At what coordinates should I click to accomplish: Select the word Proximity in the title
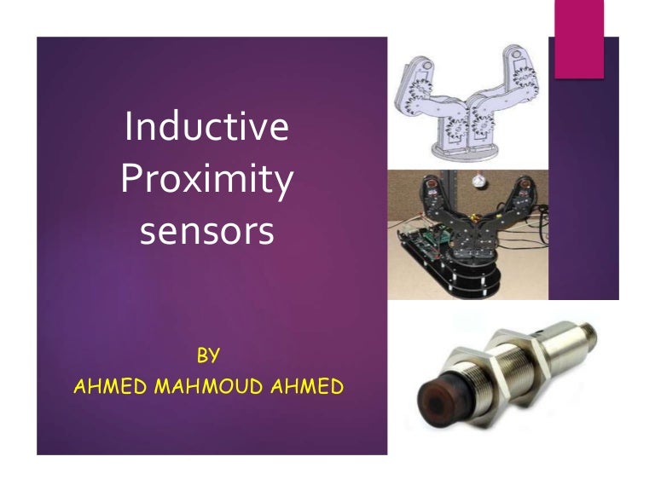(206, 182)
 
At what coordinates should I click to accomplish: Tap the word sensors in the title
(206, 231)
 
